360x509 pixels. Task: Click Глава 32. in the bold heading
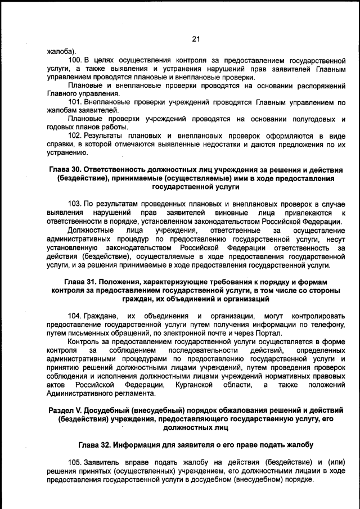[95, 445]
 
